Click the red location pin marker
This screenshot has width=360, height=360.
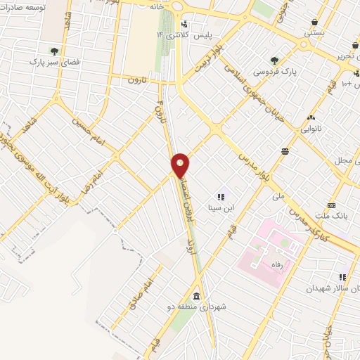pyautogui.click(x=181, y=165)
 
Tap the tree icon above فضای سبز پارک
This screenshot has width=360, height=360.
pyautogui.click(x=53, y=50)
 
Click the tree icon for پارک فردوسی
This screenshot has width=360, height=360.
pyautogui.click(x=274, y=60)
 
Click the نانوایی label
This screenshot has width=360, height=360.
pyautogui.click(x=310, y=129)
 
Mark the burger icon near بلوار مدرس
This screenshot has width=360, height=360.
pyautogui.click(x=285, y=150)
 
